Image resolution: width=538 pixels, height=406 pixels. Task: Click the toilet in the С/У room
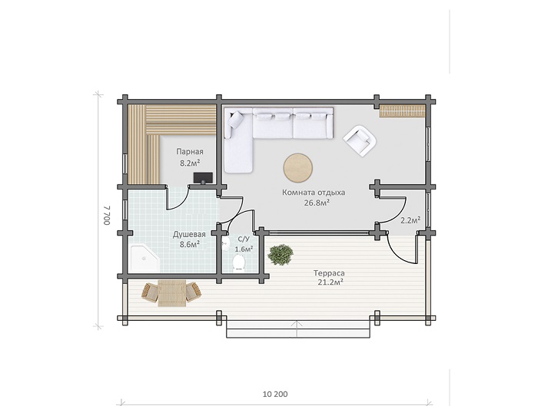[238, 262]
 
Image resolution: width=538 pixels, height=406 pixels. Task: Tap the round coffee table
[298, 167]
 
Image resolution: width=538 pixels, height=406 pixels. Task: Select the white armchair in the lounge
[360, 140]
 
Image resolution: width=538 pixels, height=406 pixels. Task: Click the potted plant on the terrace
[281, 255]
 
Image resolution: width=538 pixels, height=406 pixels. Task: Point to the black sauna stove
[203, 178]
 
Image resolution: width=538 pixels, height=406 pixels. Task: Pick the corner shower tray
[144, 258]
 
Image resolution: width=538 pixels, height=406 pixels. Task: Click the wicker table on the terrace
[171, 293]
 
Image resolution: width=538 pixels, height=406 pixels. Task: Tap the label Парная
[190, 151]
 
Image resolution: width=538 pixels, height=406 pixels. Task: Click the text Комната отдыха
[314, 193]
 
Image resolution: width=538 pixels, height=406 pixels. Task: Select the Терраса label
[329, 273]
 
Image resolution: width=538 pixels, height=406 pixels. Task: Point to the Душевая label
[189, 234]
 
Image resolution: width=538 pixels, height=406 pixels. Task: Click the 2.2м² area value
[410, 220]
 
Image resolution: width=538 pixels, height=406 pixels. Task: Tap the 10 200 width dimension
[275, 394]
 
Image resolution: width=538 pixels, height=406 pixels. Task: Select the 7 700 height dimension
[107, 215]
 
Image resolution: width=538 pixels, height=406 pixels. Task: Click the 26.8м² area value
[317, 203]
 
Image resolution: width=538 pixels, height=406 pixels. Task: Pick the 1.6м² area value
[244, 249]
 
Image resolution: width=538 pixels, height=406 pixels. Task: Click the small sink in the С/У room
[225, 243]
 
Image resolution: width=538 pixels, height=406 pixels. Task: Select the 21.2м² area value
[329, 282]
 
